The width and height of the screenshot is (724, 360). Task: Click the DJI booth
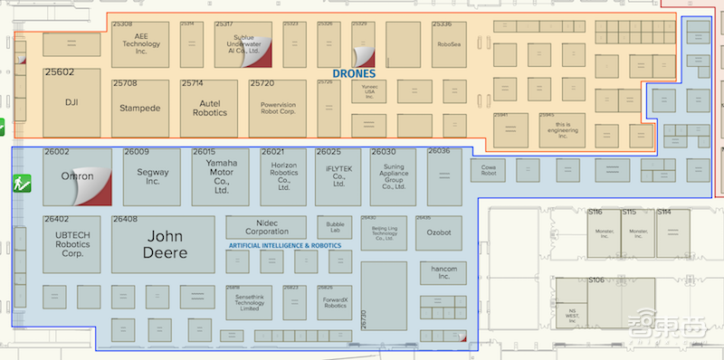(71, 101)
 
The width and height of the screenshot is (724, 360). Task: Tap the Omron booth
(77, 176)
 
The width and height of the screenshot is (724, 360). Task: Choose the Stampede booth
(140, 108)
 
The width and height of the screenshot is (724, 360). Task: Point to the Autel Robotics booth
(208, 108)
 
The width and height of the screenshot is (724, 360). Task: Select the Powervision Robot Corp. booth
(278, 108)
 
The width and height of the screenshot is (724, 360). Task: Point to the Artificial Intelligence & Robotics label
(285, 246)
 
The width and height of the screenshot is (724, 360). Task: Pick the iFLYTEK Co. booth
(339, 176)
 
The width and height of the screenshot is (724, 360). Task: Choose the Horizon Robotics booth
(283, 176)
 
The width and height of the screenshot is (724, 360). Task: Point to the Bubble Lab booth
(335, 227)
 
